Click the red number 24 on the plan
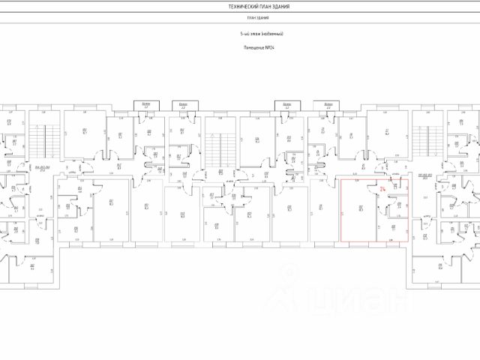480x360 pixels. click(x=384, y=190)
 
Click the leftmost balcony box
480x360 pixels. click(x=145, y=106)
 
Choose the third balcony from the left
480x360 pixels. click(x=287, y=106)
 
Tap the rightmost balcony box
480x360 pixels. click(x=328, y=106)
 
